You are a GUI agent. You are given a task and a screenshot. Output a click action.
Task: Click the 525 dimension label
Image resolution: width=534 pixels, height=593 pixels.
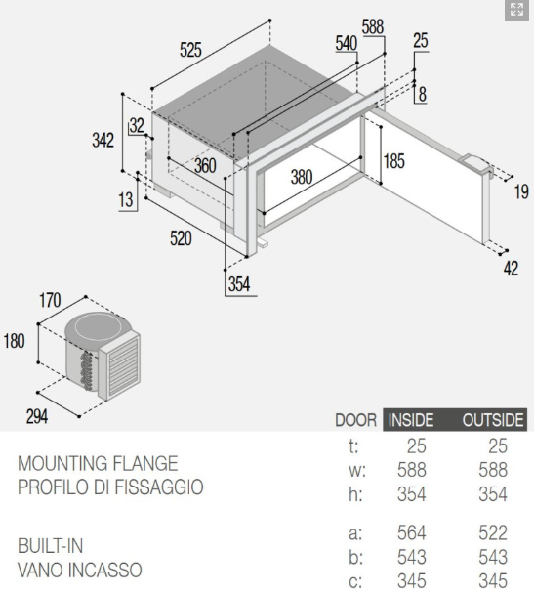coord(190,50)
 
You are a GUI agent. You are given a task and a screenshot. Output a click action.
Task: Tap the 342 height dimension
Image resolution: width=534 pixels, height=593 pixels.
coord(103,141)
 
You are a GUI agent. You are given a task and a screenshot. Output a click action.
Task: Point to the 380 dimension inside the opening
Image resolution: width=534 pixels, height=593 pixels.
coord(302,177)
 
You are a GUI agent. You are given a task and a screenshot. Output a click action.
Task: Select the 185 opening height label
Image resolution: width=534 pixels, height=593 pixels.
coord(393,161)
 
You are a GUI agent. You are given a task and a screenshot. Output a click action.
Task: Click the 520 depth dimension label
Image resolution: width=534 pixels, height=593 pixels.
coord(181,238)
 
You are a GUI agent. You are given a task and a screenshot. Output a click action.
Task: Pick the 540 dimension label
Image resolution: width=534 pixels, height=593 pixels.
coord(347,43)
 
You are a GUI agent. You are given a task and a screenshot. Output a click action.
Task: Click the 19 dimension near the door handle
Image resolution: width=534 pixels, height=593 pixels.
coord(521,191)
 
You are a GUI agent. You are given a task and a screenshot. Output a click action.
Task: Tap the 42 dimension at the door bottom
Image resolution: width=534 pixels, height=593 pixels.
coord(511,268)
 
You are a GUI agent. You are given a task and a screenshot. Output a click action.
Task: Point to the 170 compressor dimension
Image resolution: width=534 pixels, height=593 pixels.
coord(50,300)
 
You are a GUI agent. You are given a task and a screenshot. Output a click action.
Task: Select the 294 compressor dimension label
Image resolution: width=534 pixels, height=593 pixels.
coord(37,416)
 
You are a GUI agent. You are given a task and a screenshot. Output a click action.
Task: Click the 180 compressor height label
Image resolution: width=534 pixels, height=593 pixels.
coord(14,341)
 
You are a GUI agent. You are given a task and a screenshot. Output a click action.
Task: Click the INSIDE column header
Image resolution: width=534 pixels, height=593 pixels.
coord(411,420)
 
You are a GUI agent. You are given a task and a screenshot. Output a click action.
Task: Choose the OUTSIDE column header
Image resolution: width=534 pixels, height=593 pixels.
coord(493,420)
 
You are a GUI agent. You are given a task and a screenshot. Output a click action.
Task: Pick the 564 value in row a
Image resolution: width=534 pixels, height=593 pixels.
coord(412,532)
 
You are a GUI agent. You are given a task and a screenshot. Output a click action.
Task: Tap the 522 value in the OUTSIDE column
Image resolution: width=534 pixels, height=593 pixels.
coord(493,532)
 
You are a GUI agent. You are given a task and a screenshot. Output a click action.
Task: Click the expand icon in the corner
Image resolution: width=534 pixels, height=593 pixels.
coord(516,10)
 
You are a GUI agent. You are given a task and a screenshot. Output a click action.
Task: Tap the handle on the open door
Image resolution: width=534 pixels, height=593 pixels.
coord(477,165)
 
